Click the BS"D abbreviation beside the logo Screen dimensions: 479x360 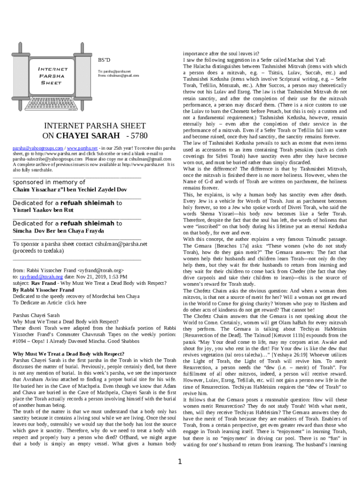(x=104, y=60)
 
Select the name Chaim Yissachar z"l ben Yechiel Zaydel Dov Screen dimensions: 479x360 (x=70, y=189)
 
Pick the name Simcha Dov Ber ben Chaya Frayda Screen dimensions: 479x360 (x=58, y=231)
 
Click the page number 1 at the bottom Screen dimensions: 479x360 (x=180, y=463)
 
